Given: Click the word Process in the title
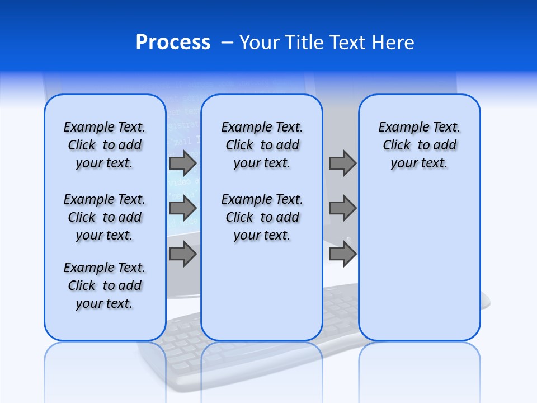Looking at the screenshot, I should point(173,43).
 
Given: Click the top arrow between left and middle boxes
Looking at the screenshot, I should point(183,163).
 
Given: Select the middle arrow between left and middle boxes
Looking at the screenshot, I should point(183,208).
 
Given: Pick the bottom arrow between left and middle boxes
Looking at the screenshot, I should point(183,255).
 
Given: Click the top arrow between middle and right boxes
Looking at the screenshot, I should point(342,163).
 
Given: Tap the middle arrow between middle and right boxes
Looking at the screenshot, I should point(342,208).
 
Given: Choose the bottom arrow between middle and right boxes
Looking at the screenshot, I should point(342,255).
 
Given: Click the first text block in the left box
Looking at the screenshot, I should point(105,145).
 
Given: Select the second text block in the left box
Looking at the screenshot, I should point(105,217).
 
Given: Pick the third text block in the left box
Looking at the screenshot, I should point(105,285).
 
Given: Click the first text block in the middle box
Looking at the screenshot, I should point(262,145).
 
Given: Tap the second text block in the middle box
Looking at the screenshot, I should point(262,217).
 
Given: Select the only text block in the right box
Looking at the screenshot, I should point(419,145).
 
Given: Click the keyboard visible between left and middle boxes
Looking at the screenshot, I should point(183,330).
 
